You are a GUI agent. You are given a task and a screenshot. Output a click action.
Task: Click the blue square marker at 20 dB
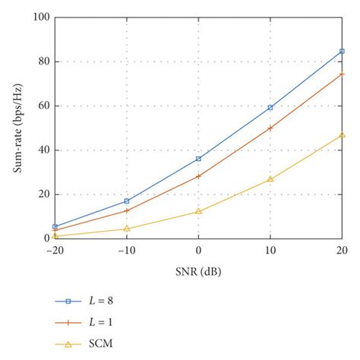click(x=342, y=51)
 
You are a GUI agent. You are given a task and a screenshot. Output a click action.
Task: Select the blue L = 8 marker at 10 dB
click(x=270, y=108)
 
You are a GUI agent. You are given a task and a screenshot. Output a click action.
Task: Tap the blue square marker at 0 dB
click(x=198, y=159)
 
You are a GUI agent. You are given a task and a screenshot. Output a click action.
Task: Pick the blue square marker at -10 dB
click(x=127, y=201)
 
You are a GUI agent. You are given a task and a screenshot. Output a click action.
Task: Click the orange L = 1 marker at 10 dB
click(x=270, y=128)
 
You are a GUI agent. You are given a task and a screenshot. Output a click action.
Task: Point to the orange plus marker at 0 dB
click(x=198, y=176)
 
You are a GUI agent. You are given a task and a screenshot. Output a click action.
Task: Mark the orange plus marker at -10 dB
click(x=127, y=210)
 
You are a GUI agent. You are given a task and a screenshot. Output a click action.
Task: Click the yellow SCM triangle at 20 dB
click(x=342, y=134)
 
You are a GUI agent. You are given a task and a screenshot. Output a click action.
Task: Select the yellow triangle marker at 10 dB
click(x=270, y=179)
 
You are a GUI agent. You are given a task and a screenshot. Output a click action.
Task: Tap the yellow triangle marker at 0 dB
click(x=198, y=211)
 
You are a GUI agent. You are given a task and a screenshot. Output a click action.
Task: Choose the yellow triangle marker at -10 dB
click(x=127, y=228)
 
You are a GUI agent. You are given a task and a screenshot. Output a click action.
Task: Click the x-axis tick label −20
click(x=54, y=250)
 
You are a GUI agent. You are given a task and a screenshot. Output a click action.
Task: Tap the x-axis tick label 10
click(x=270, y=250)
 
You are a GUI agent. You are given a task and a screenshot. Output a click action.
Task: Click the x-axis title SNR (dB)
click(x=198, y=270)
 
